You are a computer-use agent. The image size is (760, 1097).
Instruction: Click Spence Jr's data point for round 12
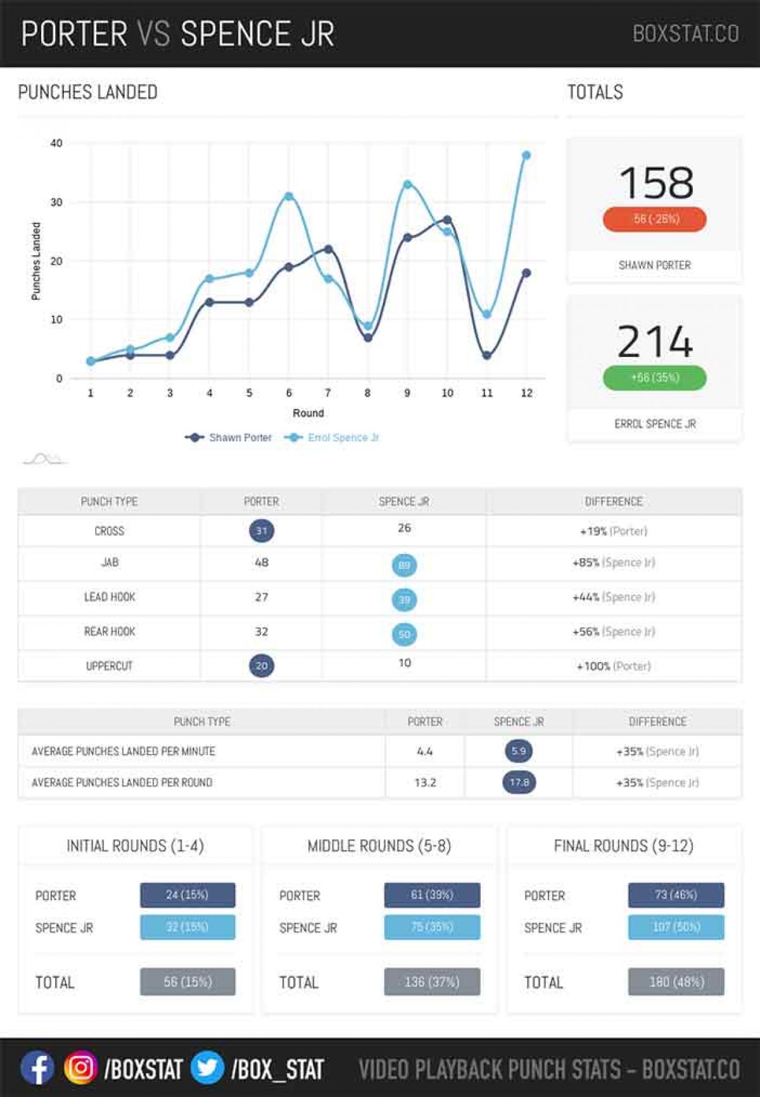point(526,155)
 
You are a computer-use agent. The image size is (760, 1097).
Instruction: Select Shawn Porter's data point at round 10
point(447,220)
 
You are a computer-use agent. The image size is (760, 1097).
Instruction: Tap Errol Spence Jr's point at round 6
point(289,196)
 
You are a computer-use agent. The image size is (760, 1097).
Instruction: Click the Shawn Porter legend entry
point(229,437)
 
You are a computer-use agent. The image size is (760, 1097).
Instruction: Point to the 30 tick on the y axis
point(56,202)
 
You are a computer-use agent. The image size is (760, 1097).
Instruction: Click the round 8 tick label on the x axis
point(367,393)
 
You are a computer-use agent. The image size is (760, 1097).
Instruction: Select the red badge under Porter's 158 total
point(655,219)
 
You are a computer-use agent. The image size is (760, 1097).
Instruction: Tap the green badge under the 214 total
point(655,377)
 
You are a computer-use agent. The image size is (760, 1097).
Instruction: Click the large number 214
point(655,342)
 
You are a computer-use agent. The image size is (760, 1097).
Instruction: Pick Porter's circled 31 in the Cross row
point(262,530)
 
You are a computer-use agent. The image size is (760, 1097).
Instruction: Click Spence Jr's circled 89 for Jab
point(404,565)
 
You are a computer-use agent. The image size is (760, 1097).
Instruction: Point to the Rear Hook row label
point(110,631)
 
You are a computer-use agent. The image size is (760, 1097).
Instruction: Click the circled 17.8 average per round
point(519,782)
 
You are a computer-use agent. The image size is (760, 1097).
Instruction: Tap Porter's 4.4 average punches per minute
point(425,751)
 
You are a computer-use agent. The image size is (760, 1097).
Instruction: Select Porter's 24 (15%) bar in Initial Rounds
point(187,895)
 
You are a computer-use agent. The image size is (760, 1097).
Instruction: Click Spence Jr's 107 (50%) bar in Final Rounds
point(676,927)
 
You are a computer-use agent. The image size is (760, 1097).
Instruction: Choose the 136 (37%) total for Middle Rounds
point(432,982)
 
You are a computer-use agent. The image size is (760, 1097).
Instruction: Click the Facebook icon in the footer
point(37,1068)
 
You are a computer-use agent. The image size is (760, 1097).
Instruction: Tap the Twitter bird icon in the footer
point(207,1068)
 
